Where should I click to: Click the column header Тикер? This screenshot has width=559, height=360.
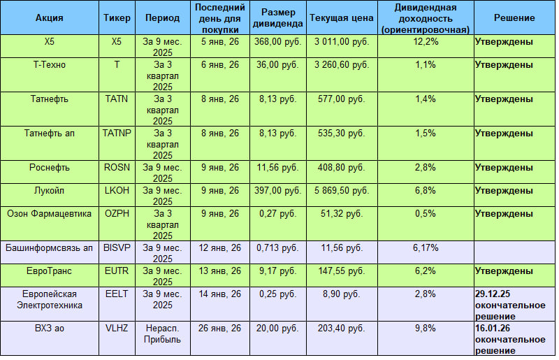(115, 17)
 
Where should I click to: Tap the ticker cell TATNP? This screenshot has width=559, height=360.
(116, 133)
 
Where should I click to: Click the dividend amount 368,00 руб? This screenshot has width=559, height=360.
(277, 42)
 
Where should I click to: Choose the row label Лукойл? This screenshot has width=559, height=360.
(49, 190)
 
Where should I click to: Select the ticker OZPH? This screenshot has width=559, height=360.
(116, 213)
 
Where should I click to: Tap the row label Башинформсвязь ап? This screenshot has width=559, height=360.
(49, 247)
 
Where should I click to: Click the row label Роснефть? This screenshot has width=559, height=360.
(49, 167)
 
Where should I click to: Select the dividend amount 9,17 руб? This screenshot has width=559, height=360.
(277, 270)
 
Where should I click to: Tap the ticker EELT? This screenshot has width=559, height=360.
(116, 293)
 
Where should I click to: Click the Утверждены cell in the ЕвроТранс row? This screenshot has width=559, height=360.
(504, 270)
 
